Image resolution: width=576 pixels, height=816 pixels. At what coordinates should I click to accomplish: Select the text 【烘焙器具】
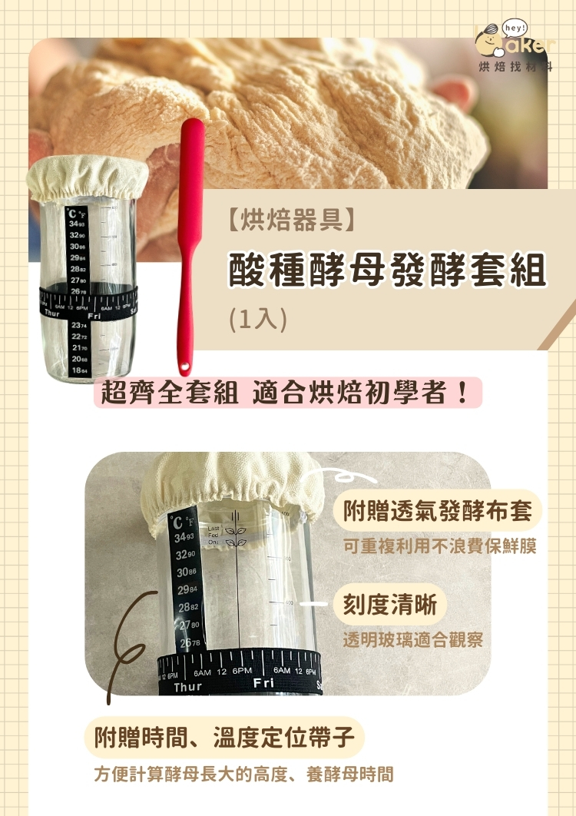[x=291, y=221]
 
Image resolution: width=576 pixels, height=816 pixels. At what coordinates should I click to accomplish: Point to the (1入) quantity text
[x=257, y=320]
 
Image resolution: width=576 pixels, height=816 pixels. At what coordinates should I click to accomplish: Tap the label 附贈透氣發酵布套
[x=437, y=510]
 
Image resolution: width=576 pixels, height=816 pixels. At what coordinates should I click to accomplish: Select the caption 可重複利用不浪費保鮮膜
[x=439, y=547]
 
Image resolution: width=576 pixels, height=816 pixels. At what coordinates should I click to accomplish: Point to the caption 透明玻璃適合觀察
[x=412, y=639]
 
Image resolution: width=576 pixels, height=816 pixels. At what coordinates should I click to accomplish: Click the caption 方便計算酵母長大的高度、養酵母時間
[x=243, y=774]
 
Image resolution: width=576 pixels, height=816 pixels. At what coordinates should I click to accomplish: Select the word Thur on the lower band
[x=187, y=687]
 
